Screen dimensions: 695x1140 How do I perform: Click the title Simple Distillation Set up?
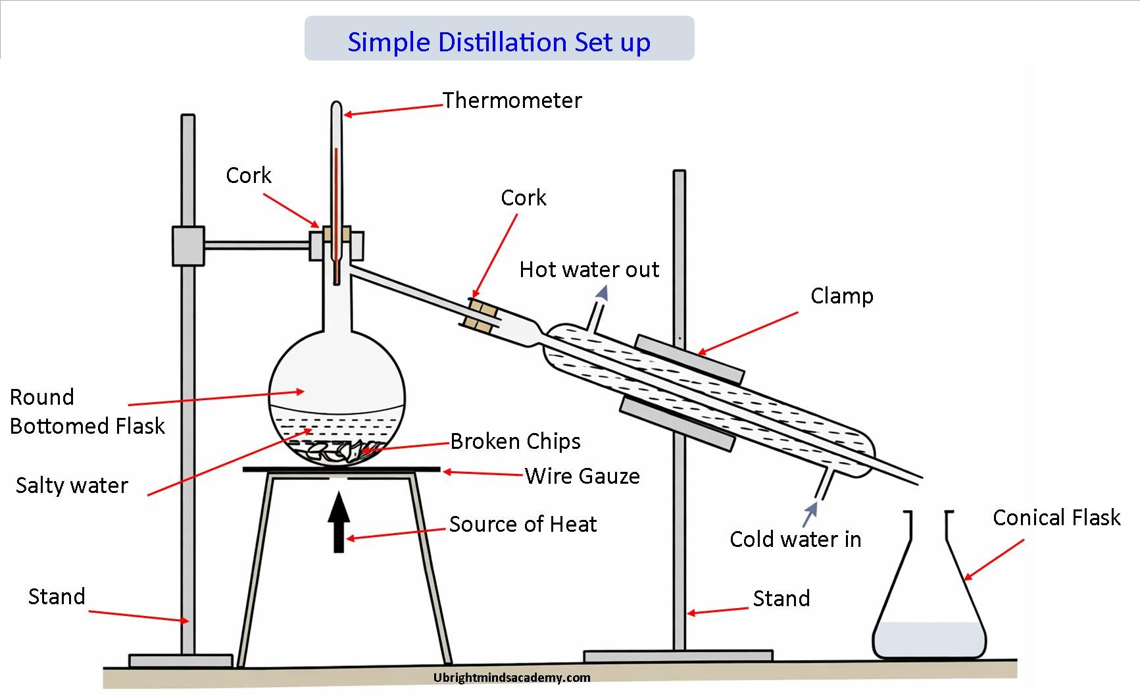[499, 42]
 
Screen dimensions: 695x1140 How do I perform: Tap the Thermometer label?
[512, 101]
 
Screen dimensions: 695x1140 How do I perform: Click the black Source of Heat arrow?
[339, 524]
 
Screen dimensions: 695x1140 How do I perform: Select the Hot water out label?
[589, 270]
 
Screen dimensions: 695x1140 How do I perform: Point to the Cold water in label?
[795, 540]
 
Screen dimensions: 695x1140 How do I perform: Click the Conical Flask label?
[1056, 518]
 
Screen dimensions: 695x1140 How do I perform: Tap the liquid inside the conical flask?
[929, 639]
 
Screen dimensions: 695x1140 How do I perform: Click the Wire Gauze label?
[582, 476]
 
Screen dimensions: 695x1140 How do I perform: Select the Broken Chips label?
[515, 441]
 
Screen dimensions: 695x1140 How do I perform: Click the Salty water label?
[72, 486]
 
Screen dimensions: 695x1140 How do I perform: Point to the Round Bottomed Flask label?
[86, 412]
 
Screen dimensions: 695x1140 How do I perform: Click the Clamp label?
[841, 296]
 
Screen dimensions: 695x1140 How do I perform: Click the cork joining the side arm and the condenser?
[482, 314]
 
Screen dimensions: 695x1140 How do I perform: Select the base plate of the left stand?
[180, 660]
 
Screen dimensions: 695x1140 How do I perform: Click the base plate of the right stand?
[678, 656]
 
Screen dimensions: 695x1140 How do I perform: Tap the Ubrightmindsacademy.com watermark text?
[512, 678]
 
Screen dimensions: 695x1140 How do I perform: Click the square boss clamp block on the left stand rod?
[188, 246]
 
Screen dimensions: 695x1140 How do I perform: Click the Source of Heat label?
[522, 525]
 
